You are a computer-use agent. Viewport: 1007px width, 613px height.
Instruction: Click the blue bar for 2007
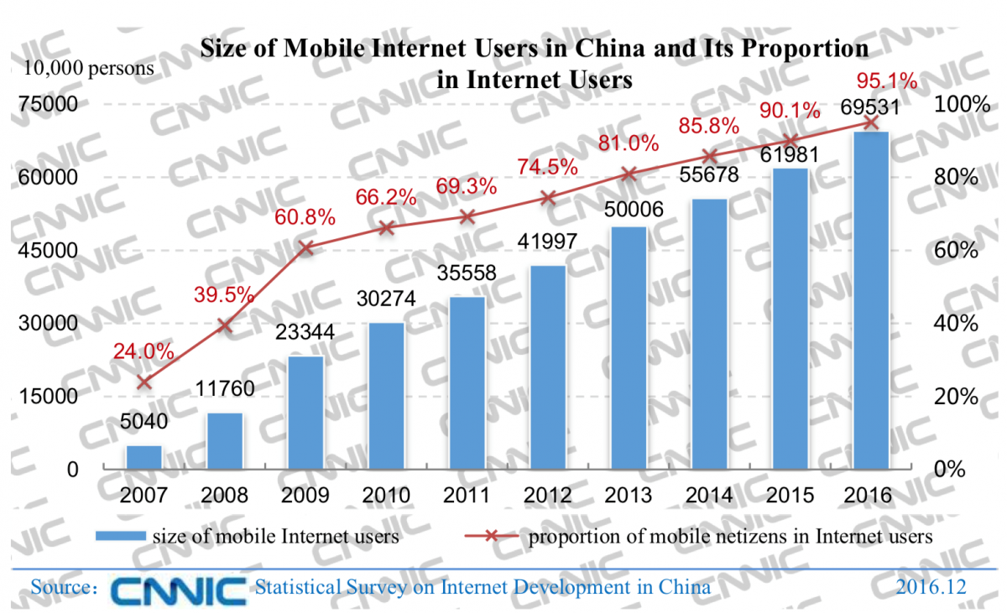point(143,457)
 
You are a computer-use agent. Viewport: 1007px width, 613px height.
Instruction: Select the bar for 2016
point(871,300)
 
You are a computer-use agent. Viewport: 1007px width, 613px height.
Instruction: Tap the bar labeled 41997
point(548,367)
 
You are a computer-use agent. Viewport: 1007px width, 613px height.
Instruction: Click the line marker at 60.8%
point(305,247)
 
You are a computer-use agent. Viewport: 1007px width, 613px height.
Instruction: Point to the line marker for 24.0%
point(143,382)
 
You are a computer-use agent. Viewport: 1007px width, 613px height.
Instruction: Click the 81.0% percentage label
point(629,144)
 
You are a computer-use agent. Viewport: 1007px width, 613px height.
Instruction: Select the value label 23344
point(305,333)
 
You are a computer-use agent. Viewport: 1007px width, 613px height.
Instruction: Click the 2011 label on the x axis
point(467,495)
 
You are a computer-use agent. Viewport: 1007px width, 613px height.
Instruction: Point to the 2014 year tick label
point(710,495)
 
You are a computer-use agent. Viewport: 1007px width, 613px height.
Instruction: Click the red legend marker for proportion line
point(488,537)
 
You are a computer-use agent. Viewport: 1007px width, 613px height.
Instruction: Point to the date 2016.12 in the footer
point(930,587)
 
